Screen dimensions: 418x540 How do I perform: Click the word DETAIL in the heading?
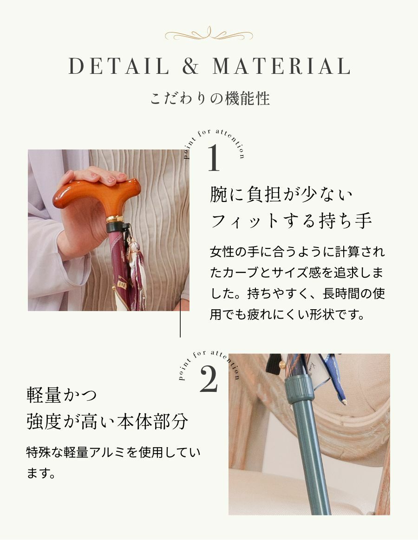click(x=119, y=66)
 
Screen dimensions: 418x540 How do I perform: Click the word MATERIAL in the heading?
click(x=281, y=66)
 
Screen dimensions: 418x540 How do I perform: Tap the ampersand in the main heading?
click(x=190, y=66)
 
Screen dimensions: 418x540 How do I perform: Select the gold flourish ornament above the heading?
click(x=209, y=34)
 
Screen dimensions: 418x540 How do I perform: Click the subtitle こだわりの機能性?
click(x=210, y=98)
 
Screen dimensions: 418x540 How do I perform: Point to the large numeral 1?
click(x=214, y=157)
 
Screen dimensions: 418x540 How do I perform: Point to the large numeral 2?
click(x=209, y=379)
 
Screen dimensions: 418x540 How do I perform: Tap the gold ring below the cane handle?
click(x=114, y=219)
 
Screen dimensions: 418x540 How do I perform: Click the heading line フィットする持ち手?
click(x=291, y=221)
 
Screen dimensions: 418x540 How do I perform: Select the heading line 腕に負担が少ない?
click(x=281, y=194)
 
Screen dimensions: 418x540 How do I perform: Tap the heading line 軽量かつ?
click(x=62, y=395)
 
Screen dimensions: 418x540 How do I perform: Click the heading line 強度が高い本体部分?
click(x=107, y=421)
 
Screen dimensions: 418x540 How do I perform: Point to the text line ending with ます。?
click(x=41, y=473)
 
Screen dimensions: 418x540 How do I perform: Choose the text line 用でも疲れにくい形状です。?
click(x=287, y=314)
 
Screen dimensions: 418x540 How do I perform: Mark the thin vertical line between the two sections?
click(x=180, y=316)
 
